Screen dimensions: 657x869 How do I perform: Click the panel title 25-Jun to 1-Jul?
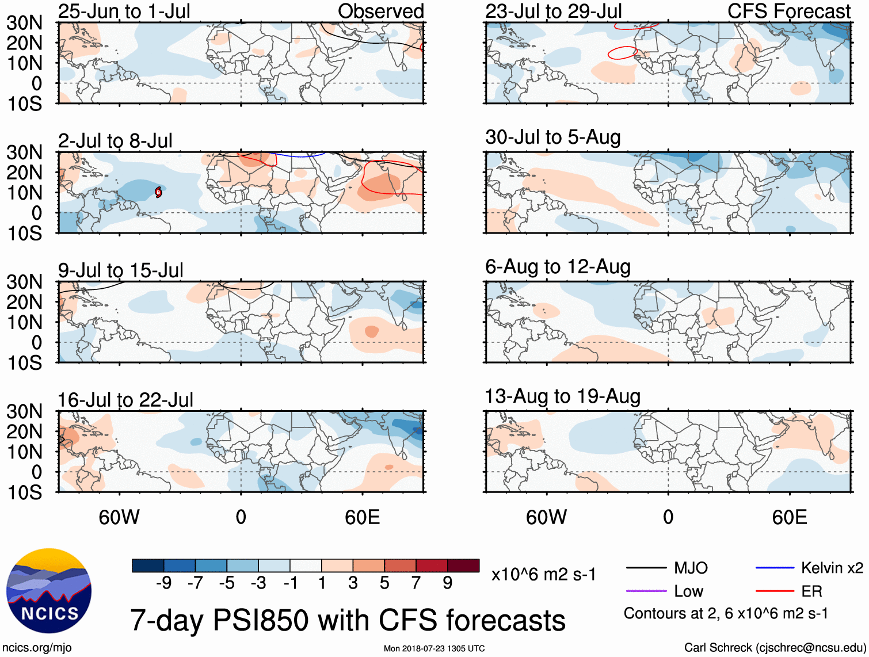coord(124,12)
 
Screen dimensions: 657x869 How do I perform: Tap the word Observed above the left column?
coord(380,12)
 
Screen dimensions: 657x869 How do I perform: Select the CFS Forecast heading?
coord(788,12)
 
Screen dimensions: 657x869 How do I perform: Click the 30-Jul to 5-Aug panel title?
coord(552,137)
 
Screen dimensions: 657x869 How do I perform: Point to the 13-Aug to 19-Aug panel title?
coord(562,396)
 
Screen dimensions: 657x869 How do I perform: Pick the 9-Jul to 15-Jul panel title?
coord(120,270)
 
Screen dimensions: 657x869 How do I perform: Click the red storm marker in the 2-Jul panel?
coord(158,192)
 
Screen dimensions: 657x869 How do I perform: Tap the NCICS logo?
coord(48,591)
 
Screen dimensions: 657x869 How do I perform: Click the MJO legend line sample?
coord(646,568)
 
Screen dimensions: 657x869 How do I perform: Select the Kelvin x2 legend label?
coord(832,568)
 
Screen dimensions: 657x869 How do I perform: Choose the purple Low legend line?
coord(646,591)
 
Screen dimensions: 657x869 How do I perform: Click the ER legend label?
coord(811,591)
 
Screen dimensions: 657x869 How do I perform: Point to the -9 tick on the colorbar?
coord(164,583)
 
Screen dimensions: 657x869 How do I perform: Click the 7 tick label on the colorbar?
coord(416,583)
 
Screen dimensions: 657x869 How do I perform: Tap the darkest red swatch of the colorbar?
coord(463,566)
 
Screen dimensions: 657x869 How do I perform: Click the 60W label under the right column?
coord(546,517)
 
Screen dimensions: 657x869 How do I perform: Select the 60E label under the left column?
coord(362,517)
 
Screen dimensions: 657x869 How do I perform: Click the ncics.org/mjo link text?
coord(37,648)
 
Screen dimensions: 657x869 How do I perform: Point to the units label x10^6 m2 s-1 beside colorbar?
coord(543,575)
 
